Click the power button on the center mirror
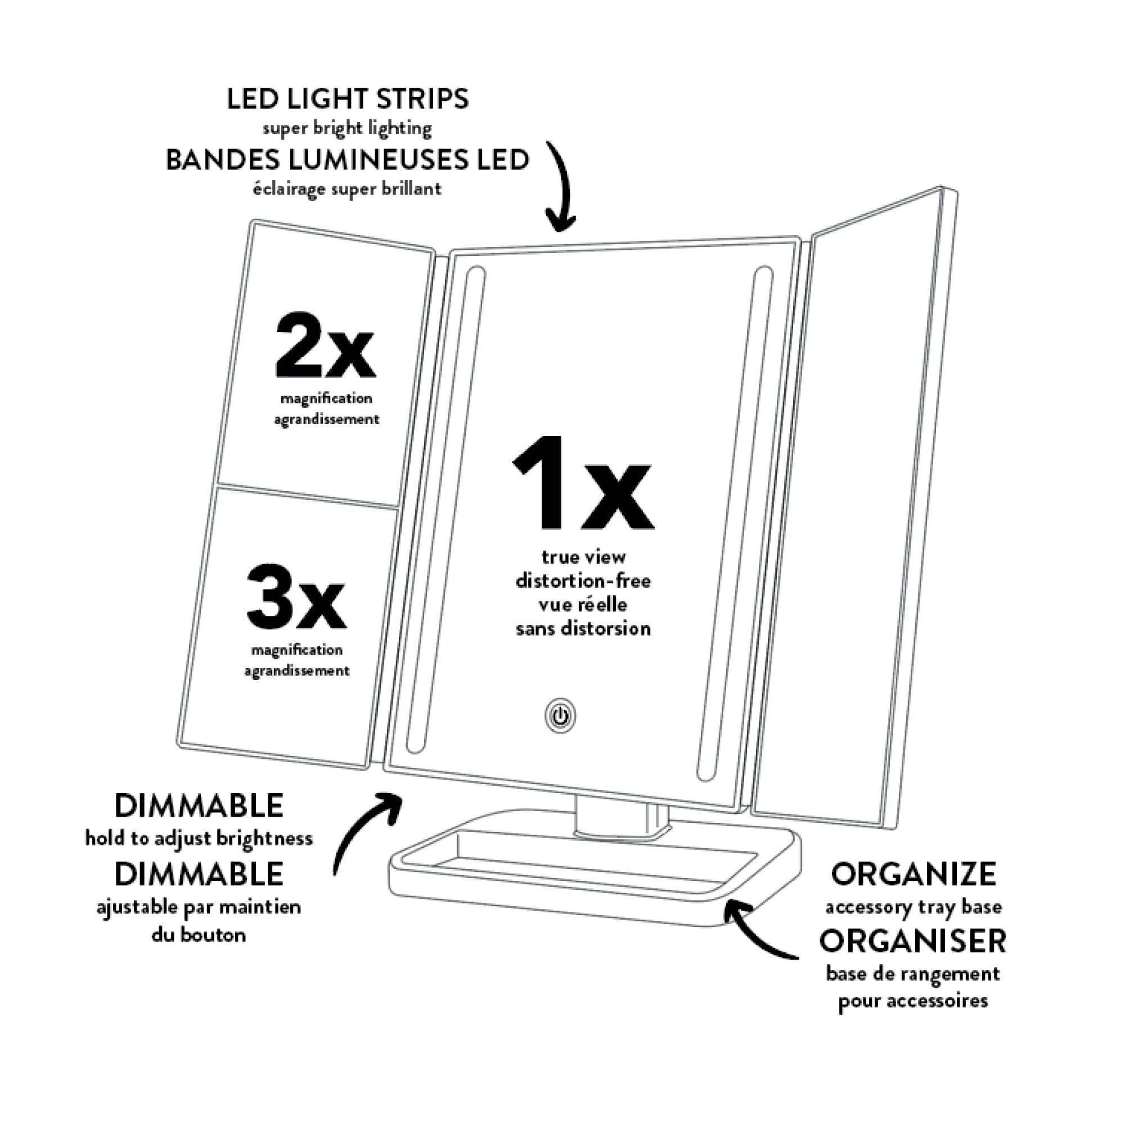(560, 716)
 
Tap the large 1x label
(582, 484)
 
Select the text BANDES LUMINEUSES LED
(347, 160)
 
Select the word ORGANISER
(912, 941)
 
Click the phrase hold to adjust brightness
(199, 839)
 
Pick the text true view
(583, 557)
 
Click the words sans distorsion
(583, 629)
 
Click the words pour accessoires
(912, 1001)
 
